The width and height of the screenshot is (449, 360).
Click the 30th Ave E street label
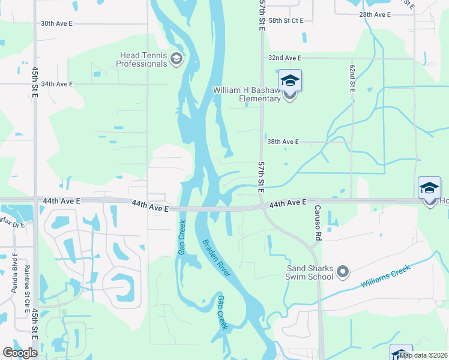pyautogui.click(x=56, y=23)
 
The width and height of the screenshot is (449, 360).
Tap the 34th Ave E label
pyautogui.click(x=56, y=84)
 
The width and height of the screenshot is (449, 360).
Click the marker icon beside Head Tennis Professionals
pyautogui.click(x=176, y=59)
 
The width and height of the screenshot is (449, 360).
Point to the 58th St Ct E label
pyautogui.click(x=286, y=20)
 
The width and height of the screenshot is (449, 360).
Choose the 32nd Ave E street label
pyautogui.click(x=285, y=58)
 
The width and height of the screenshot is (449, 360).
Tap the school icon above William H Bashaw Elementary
pyautogui.click(x=290, y=80)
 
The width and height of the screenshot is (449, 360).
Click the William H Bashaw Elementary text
pyautogui.click(x=247, y=94)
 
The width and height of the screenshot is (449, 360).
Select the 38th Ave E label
pyautogui.click(x=283, y=142)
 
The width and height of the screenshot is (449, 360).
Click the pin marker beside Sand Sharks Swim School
pyautogui.click(x=343, y=272)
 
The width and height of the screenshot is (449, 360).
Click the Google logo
pyautogui.click(x=20, y=353)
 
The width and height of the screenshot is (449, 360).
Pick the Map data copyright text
pyautogui.click(x=422, y=355)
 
